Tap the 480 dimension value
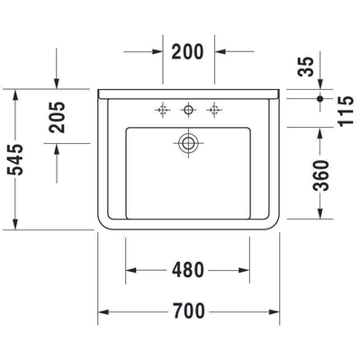coord(188,269)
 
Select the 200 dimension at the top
coord(188,51)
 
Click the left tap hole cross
coord(163,110)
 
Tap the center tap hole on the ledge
coord(189,110)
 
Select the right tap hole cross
coord(214,110)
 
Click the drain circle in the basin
coord(189,141)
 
